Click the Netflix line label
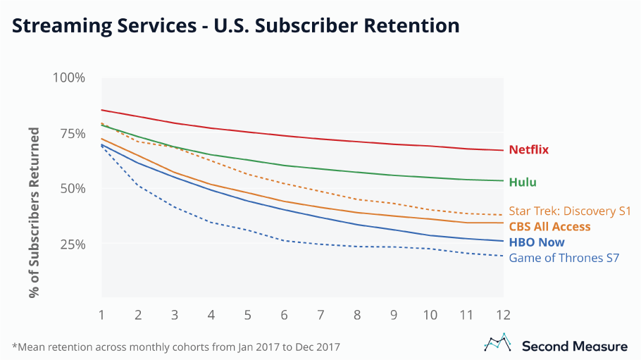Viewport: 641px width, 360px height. click(x=529, y=150)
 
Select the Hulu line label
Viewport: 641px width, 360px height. click(x=523, y=182)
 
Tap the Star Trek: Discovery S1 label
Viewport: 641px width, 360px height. click(x=570, y=211)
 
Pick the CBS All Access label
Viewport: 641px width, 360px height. click(x=549, y=227)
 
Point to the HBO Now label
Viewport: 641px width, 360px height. click(x=537, y=242)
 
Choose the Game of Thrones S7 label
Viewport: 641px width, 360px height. click(x=564, y=258)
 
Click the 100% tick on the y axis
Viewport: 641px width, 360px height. click(x=69, y=77)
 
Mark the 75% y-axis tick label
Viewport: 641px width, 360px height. click(x=72, y=133)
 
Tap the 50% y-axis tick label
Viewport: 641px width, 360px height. click(x=72, y=189)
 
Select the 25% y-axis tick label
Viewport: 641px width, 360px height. click(x=72, y=244)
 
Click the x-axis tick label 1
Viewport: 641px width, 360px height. click(x=102, y=314)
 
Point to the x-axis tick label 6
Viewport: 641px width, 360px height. click(x=285, y=314)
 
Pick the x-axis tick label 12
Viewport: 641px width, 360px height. click(x=502, y=314)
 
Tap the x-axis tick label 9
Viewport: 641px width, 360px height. click(x=394, y=314)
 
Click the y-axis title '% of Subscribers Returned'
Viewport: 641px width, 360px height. click(x=34, y=212)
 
